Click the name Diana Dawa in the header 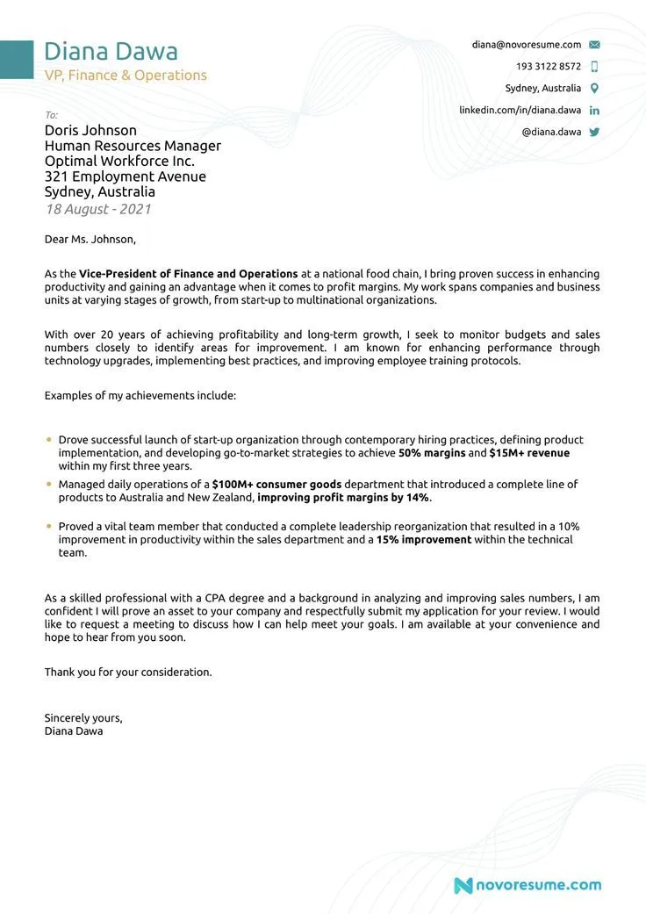(111, 51)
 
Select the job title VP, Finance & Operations (126, 76)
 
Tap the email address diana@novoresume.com (527, 44)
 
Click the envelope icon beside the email (594, 45)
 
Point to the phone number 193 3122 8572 (548, 66)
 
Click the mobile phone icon (594, 67)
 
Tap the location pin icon (594, 89)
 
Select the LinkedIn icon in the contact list (594, 111)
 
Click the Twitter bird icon (594, 133)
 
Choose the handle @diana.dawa (551, 132)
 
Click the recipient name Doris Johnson (90, 131)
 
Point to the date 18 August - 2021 (97, 209)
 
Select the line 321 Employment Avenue (126, 176)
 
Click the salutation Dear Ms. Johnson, (90, 239)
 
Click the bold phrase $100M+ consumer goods (276, 485)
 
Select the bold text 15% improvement (423, 539)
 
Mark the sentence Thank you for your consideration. (128, 672)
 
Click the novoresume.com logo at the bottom (528, 885)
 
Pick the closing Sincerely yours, (83, 717)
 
